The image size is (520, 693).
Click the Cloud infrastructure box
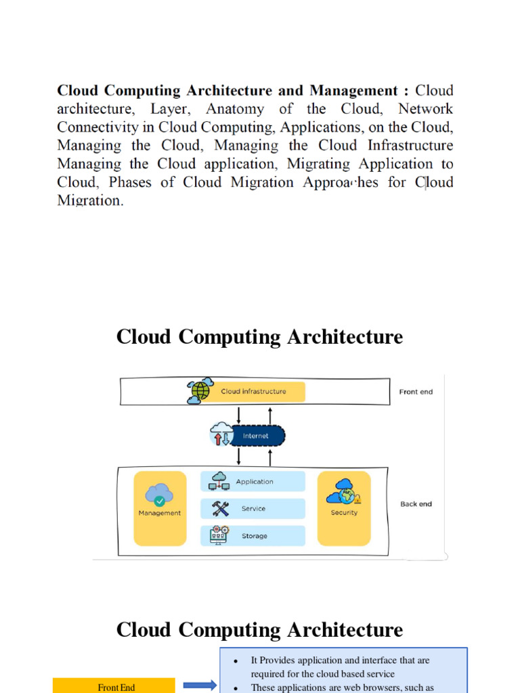[x=254, y=391]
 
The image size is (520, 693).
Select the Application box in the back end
[x=253, y=482]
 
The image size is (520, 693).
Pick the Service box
[x=253, y=509]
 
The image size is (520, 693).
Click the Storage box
[x=253, y=536]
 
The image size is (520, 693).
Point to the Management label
[x=160, y=513]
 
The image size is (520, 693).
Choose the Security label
[x=344, y=513]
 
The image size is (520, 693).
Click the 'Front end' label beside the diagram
[x=416, y=392]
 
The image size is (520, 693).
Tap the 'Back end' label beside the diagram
[x=416, y=504]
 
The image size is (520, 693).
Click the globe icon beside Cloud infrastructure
[x=200, y=391]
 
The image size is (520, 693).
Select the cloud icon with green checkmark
[x=159, y=495]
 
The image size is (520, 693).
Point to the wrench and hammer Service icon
[x=221, y=509]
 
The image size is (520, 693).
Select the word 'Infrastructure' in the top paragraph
[x=410, y=146]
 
